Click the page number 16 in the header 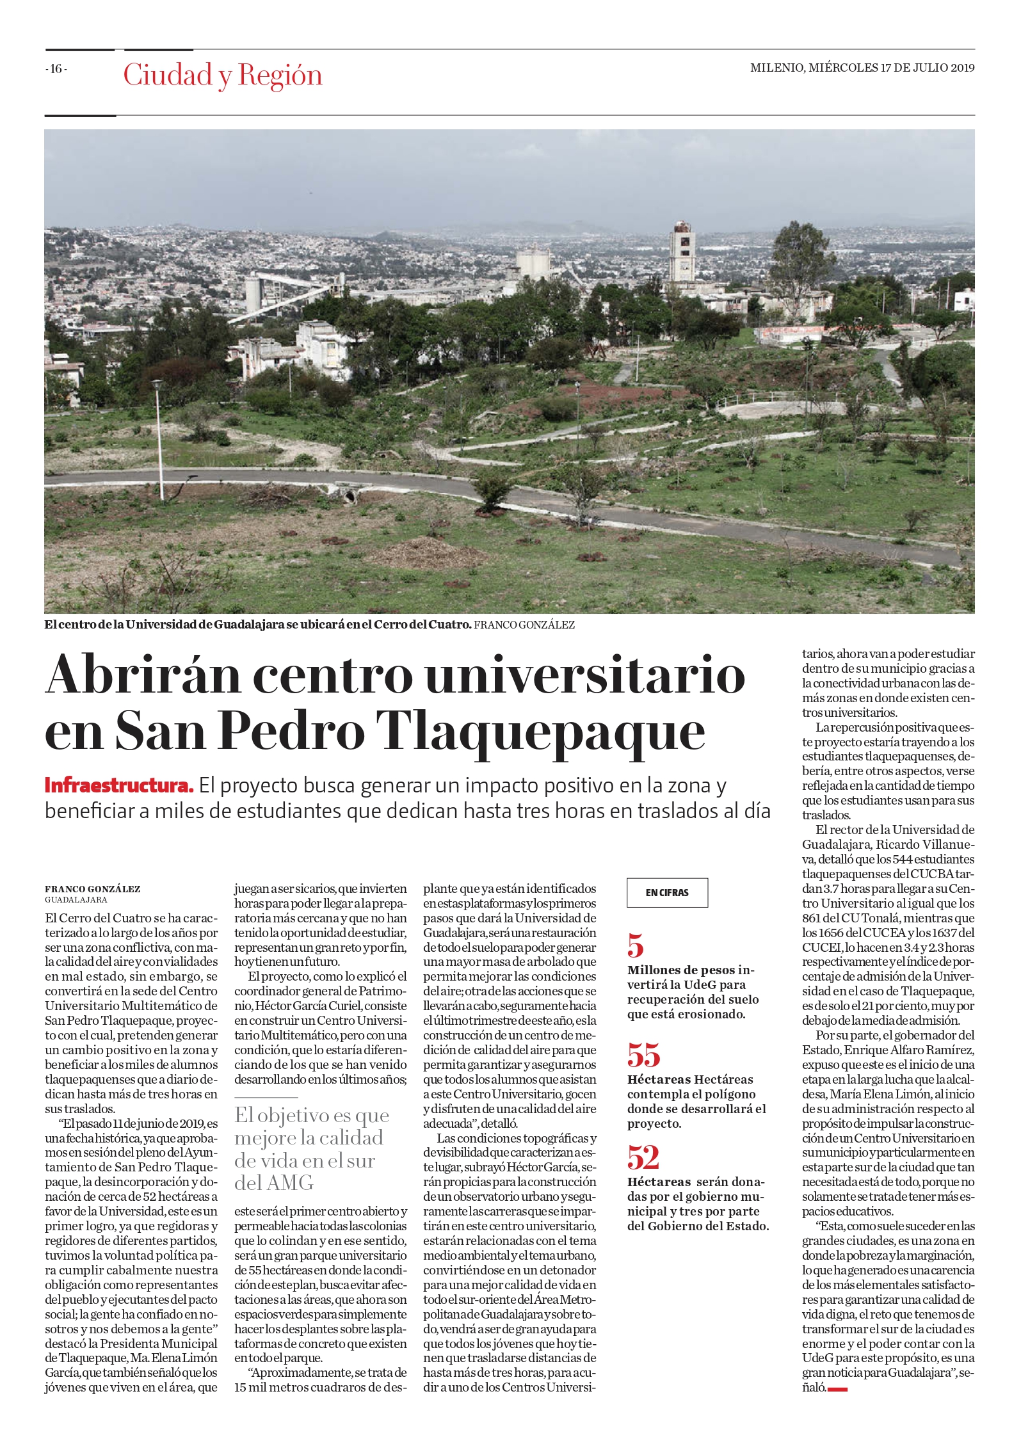point(56,69)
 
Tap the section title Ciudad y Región point(223,76)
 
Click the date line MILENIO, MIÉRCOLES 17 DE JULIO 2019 point(862,68)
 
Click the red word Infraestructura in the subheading point(119,785)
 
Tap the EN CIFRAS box point(667,892)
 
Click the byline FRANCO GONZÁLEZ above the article point(92,889)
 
